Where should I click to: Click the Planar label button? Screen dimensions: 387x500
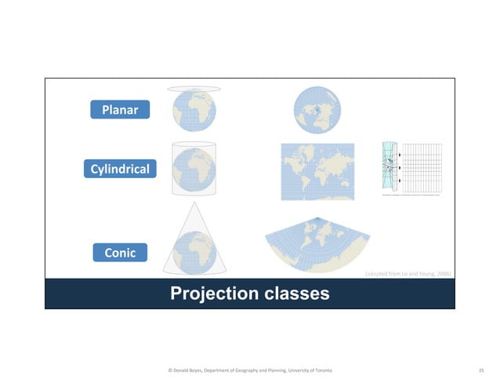[x=119, y=110]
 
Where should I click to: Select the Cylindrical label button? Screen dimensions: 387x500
[x=119, y=169]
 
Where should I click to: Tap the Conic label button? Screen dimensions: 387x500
[x=119, y=252]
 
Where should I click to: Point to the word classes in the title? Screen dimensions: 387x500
[x=296, y=294]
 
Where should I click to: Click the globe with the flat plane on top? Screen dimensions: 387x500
[x=193, y=111]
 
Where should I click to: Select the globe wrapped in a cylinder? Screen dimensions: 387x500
[x=193, y=168]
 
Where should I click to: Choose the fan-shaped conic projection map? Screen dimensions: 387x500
[x=317, y=240]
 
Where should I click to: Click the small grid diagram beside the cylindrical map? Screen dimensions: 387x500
[x=409, y=167]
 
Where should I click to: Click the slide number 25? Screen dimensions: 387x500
[x=481, y=369]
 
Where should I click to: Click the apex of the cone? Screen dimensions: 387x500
[x=193, y=201]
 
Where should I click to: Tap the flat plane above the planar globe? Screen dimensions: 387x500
[x=193, y=89]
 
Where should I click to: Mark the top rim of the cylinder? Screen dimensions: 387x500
[x=193, y=144]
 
